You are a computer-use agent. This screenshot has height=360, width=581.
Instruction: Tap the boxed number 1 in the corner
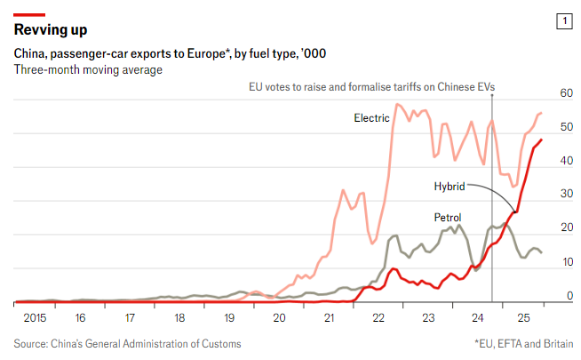coord(562,20)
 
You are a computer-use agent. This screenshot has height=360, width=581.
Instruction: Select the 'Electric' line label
coord(371,117)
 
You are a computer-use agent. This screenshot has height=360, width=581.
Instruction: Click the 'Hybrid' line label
coord(450,187)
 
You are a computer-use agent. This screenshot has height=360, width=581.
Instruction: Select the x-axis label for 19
coord(230,317)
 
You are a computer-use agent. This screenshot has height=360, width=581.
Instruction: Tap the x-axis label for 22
coord(379,317)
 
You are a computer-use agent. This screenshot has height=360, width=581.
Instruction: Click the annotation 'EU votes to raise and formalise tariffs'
coord(370,86)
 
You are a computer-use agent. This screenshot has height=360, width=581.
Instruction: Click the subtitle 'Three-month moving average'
coord(88,69)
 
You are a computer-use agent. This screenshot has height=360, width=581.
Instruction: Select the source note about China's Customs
coord(127,343)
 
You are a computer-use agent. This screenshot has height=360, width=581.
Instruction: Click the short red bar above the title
coord(29,14)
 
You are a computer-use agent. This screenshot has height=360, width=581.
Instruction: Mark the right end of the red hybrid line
coord(542,140)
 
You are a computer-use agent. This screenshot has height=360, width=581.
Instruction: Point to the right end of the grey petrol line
coord(542,253)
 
